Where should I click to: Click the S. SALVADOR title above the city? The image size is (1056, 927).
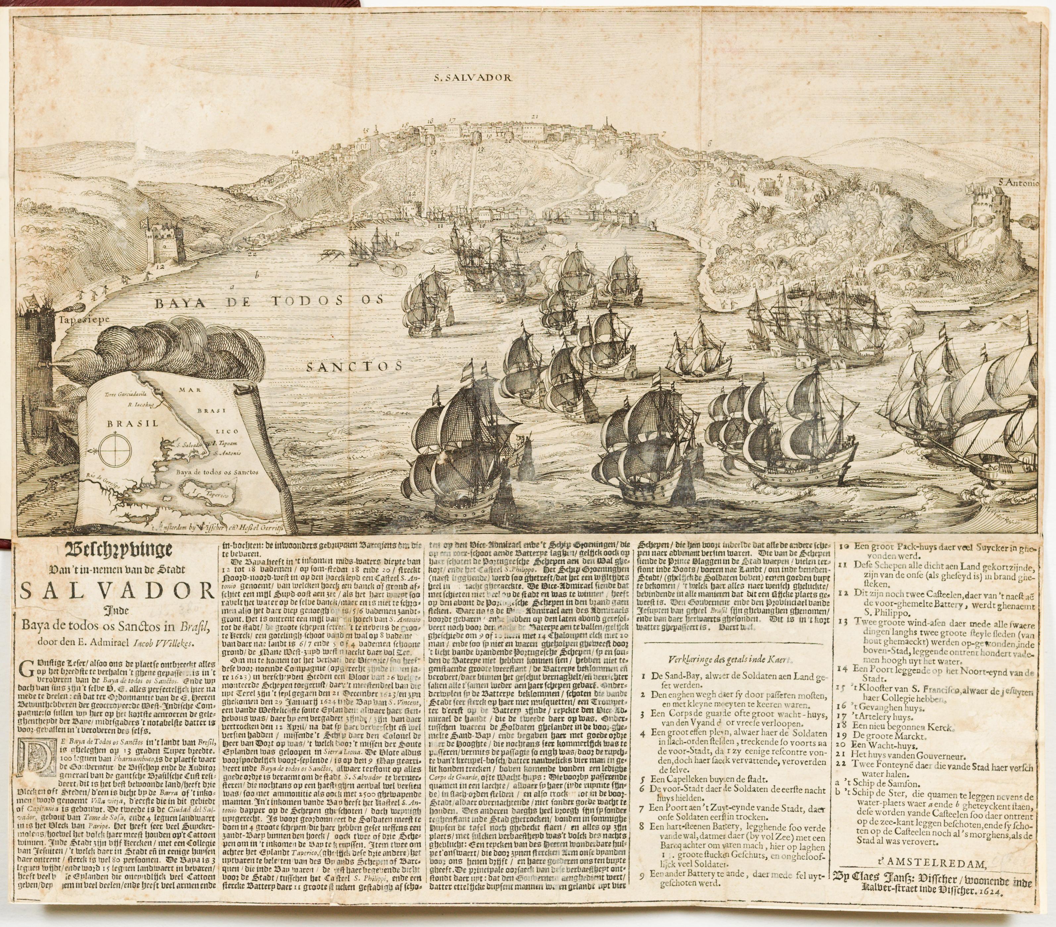tap(472, 78)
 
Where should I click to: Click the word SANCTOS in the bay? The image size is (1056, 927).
tap(354, 367)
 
